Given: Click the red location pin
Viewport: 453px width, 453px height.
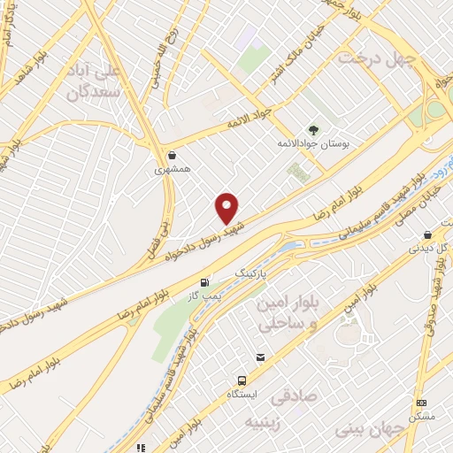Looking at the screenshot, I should (227, 208).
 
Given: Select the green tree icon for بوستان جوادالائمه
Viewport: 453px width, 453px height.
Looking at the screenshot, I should (313, 128).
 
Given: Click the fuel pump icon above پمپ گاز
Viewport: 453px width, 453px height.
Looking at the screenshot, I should (205, 283).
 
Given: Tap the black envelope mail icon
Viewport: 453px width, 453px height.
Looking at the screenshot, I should (260, 357).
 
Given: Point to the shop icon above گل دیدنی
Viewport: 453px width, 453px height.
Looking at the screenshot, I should (429, 235).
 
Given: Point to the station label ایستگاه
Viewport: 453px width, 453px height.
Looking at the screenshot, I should (243, 392).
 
